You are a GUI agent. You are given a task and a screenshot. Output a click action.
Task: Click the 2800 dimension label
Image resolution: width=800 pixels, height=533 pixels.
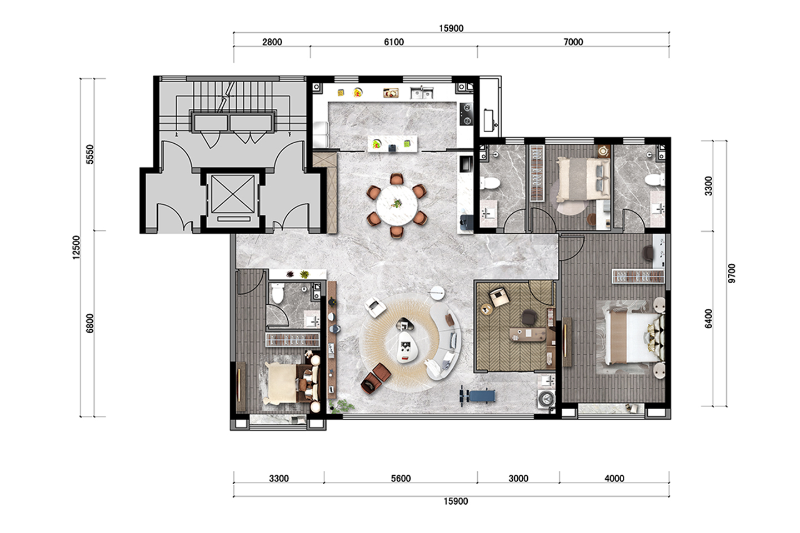(x=272, y=42)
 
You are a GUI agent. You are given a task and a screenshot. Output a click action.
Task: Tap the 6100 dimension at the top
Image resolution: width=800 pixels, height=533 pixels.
(x=394, y=42)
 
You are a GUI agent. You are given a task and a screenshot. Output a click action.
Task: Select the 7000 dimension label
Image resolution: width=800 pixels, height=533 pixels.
(x=573, y=42)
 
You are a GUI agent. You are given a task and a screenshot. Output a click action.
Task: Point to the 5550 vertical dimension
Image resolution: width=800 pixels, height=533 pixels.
(x=91, y=154)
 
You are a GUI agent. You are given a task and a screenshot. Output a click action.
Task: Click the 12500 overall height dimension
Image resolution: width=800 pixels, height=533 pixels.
(x=77, y=248)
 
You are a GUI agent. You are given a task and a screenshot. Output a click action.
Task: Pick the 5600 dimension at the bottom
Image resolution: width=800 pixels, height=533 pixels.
(x=401, y=479)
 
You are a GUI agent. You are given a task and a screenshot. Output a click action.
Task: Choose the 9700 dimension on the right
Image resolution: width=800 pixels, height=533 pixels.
(x=732, y=274)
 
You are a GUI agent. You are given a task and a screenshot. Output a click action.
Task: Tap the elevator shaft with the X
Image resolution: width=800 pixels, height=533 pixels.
(x=233, y=194)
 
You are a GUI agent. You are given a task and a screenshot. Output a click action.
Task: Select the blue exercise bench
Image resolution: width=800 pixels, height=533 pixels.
(x=478, y=396)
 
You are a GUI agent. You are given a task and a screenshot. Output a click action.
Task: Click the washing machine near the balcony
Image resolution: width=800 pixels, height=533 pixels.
(x=546, y=399)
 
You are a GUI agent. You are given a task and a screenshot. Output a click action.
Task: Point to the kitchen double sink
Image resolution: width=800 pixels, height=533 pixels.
(x=422, y=93)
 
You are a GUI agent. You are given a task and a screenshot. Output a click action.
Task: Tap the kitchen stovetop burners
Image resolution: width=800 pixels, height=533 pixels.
(x=466, y=114)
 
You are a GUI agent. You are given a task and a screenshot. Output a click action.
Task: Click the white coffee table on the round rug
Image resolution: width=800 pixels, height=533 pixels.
(x=408, y=346)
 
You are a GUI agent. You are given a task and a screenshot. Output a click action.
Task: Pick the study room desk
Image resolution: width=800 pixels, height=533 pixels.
(x=528, y=334)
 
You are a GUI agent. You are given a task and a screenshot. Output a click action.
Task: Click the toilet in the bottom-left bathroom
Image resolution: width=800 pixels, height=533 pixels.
(x=278, y=293)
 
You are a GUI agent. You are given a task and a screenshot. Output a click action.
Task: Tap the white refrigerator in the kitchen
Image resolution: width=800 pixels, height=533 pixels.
(x=321, y=134)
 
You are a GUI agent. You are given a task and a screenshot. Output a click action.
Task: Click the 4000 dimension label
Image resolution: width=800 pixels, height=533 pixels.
(x=614, y=479)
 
